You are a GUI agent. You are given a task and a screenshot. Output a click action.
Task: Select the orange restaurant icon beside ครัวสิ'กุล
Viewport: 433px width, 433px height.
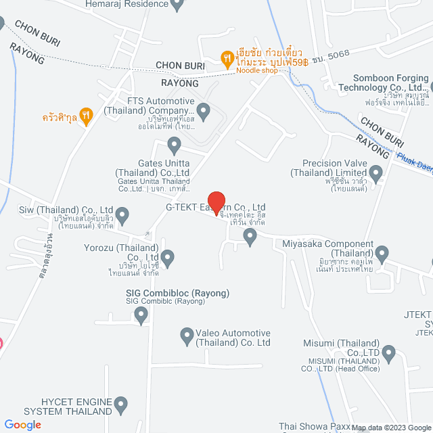(85, 116)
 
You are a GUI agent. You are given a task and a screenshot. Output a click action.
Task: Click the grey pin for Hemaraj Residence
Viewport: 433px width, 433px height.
(177, 5)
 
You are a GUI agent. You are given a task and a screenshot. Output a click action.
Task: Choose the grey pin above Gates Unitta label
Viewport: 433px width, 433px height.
(174, 145)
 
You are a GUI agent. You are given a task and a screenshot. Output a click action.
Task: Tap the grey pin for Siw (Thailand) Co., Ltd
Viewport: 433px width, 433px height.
(122, 216)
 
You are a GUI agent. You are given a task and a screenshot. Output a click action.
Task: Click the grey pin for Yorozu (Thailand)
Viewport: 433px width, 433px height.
(168, 257)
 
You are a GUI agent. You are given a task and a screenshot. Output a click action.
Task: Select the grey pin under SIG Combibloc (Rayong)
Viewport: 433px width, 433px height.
(141, 314)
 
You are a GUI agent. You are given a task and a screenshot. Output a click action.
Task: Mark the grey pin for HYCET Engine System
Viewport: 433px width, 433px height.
(121, 406)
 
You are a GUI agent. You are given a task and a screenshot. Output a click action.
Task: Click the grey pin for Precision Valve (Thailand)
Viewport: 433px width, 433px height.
(376, 175)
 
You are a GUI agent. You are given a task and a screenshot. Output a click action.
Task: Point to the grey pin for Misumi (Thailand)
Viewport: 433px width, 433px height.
(388, 352)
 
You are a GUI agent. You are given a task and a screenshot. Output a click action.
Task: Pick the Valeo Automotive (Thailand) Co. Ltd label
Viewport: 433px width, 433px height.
(233, 338)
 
